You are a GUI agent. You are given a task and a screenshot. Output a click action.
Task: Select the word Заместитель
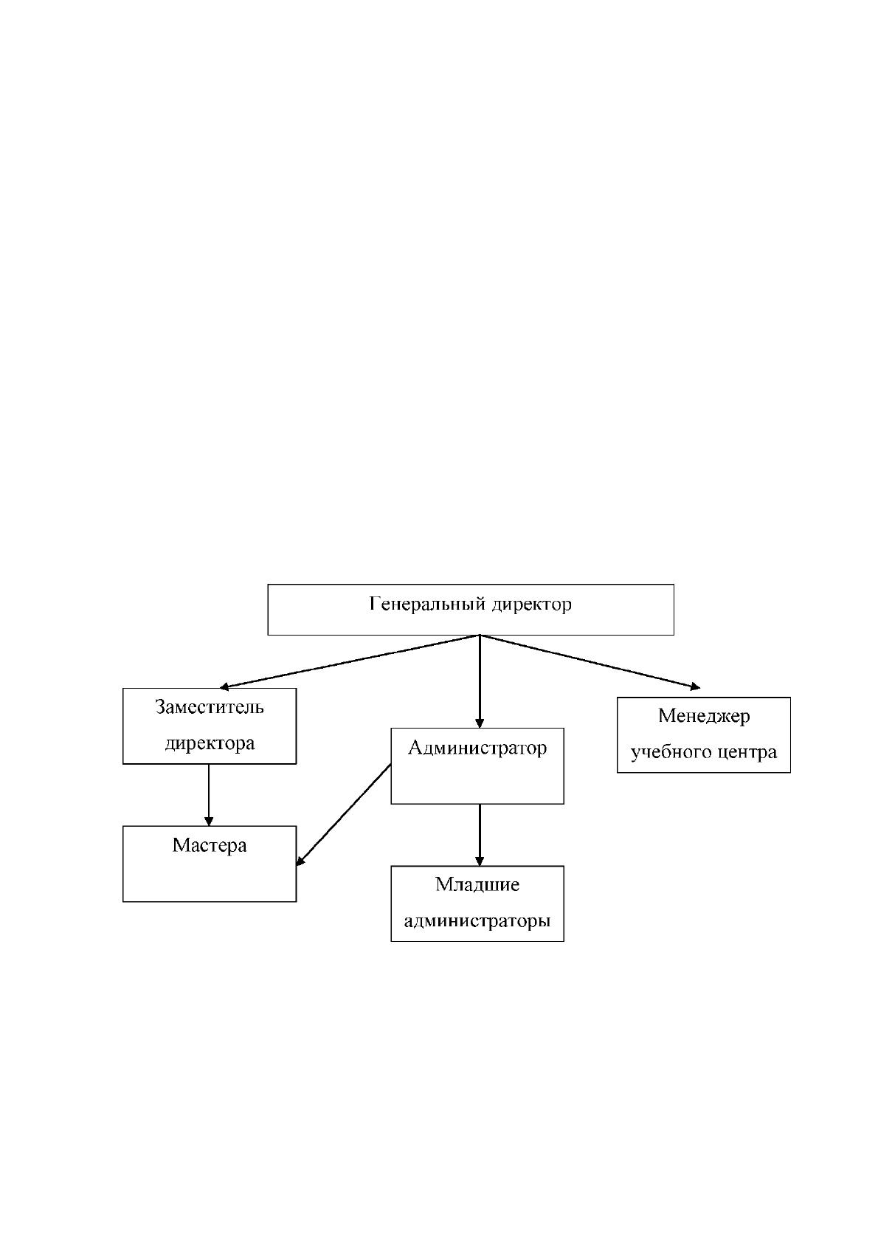(x=209, y=707)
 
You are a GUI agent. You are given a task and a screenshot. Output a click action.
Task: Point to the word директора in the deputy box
(x=210, y=743)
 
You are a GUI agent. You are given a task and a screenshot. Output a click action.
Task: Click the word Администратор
(x=477, y=748)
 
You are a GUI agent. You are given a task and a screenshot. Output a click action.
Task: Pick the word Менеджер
(x=704, y=717)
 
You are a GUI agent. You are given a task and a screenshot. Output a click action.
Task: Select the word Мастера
(x=209, y=845)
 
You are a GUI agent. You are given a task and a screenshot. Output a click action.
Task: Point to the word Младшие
(x=477, y=884)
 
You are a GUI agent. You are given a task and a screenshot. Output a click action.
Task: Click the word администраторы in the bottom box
(x=477, y=921)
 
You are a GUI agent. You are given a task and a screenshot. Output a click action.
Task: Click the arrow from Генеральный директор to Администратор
(x=480, y=681)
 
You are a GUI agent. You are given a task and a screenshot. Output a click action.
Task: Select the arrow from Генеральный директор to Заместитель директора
(x=350, y=662)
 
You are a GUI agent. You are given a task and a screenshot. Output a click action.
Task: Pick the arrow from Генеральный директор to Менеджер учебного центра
(x=590, y=662)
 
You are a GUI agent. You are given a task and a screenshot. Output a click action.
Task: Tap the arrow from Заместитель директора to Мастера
(x=209, y=795)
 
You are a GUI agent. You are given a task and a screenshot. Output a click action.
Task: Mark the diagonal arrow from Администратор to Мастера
(x=343, y=815)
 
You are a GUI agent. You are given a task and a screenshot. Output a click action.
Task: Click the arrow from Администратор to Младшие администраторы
(x=480, y=835)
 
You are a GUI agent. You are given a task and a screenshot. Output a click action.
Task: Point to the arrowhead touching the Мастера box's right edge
(x=300, y=861)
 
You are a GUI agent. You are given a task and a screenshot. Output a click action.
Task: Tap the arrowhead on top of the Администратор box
(x=480, y=723)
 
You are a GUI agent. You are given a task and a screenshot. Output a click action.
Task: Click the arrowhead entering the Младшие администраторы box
(x=480, y=862)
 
